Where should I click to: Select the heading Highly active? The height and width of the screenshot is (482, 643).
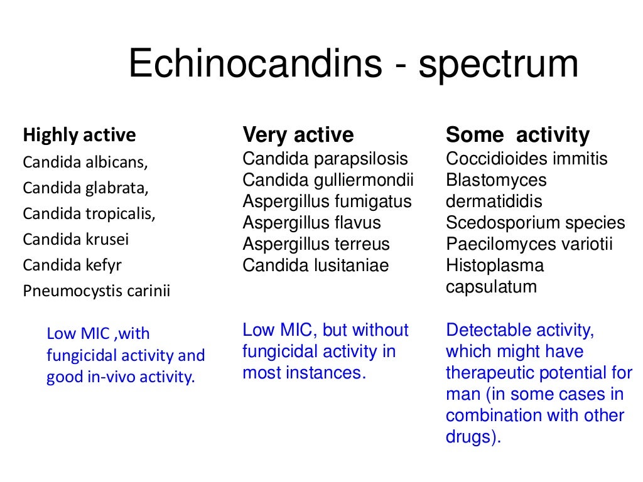(79, 135)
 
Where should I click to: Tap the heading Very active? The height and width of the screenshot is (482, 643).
(298, 135)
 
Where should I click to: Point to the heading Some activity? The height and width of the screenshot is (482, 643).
(517, 135)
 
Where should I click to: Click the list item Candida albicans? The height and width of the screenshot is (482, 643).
(85, 162)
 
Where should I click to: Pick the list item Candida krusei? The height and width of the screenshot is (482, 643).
(76, 239)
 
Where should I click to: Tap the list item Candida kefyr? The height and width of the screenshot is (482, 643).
(72, 265)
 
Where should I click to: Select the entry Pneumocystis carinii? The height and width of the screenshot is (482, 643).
(97, 291)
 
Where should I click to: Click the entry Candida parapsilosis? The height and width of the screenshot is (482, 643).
(325, 159)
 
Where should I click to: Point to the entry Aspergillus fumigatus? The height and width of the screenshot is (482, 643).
(327, 201)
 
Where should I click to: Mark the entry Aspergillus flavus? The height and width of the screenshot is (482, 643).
(311, 223)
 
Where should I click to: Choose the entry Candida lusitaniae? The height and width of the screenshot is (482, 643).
(316, 265)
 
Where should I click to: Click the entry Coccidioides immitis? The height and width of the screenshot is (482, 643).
(527, 159)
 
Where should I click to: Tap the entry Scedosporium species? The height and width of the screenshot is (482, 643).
(536, 223)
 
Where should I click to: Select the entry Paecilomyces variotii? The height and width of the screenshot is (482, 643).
(529, 244)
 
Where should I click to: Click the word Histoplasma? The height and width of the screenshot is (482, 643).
(495, 265)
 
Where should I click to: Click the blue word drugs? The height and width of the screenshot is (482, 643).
(472, 437)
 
